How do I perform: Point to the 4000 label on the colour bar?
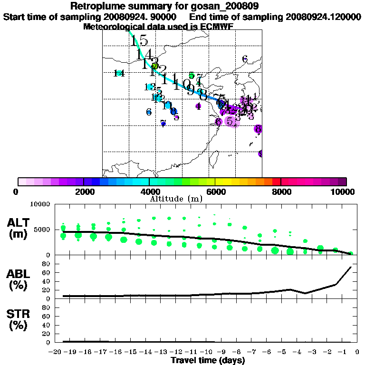(149, 192)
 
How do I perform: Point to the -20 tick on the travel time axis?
(57, 352)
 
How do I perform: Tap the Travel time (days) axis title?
(208, 361)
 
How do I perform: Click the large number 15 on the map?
(139, 41)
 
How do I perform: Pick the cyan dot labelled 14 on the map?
(119, 73)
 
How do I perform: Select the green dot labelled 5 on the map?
(191, 76)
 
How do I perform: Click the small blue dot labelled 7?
(163, 124)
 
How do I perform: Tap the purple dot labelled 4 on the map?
(198, 106)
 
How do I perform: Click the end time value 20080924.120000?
(323, 17)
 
